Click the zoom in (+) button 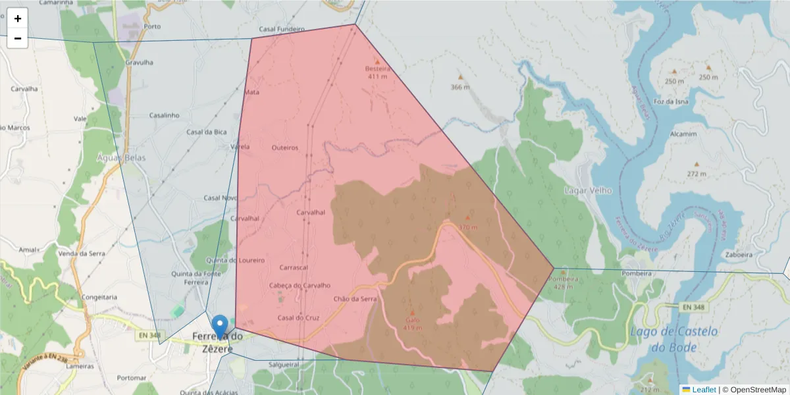coord(18,18)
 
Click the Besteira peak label coord(377,68)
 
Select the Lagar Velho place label coord(588,191)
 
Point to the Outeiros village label coord(285,148)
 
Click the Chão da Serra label coord(355,299)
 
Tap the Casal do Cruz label coord(298,318)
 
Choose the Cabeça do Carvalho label coord(300,285)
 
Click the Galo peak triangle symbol coord(413,313)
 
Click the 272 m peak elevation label coord(697,174)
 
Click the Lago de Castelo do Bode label coord(674,339)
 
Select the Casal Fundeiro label coord(282,30)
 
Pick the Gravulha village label coord(139,63)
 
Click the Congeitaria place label coord(100,297)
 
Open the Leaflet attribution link coord(704,390)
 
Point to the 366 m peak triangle coord(460,77)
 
